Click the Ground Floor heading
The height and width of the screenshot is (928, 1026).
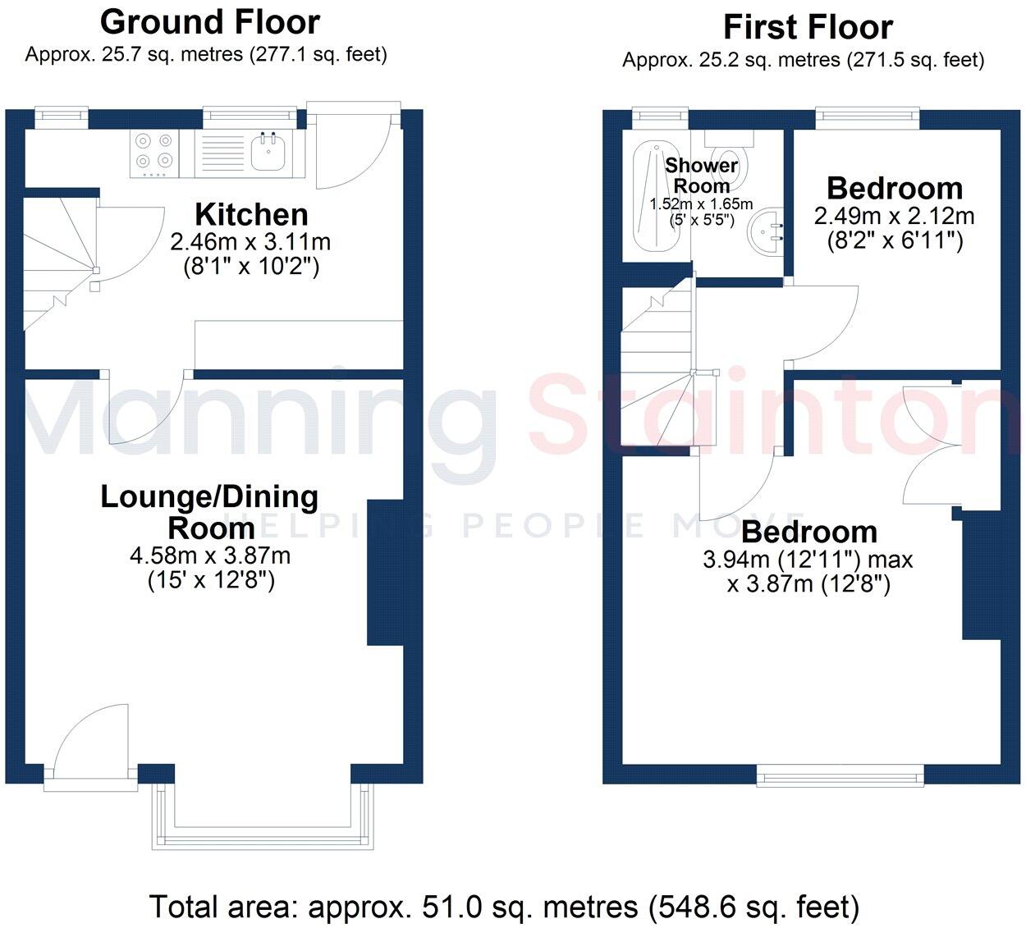pos(210,22)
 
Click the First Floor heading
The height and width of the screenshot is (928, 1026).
pos(808,28)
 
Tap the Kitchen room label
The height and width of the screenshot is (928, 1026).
pos(251,215)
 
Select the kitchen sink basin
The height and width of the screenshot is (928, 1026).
pos(268,153)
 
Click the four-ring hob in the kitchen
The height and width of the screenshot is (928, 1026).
pos(154,154)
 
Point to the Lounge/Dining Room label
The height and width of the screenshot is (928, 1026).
pos(209,511)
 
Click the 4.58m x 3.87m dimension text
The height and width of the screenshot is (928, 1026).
pos(210,555)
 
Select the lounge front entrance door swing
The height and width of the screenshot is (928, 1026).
pos(90,743)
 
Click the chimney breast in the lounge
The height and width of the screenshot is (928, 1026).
pos(385,573)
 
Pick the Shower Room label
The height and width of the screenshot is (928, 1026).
pos(701,175)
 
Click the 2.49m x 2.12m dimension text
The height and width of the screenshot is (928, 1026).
pos(894,217)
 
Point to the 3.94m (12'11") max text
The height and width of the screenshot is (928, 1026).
pos(808,560)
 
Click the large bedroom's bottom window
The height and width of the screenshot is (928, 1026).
pos(840,774)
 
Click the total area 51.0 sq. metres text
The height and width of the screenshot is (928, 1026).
pos(504,907)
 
